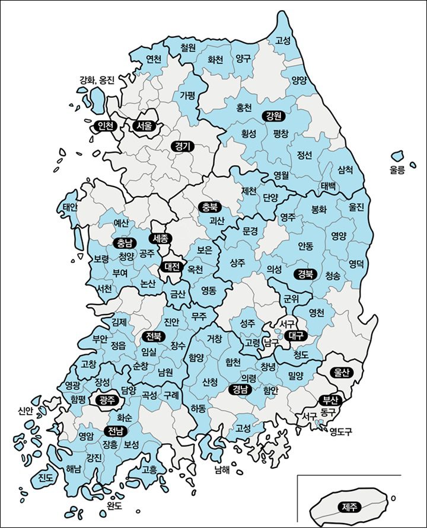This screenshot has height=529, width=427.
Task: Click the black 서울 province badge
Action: pyautogui.click(x=144, y=126)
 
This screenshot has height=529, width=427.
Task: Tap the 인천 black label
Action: pyautogui.click(x=106, y=126)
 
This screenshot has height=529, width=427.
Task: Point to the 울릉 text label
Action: pyautogui.click(x=397, y=170)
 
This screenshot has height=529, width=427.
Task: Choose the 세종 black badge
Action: pyautogui.click(x=160, y=239)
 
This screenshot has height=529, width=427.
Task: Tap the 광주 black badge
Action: pyautogui.click(x=109, y=400)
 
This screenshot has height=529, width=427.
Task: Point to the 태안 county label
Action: pyautogui.click(x=71, y=207)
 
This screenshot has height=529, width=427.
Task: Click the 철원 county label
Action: pyautogui.click(x=188, y=47)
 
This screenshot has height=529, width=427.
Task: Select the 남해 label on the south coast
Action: pyautogui.click(x=222, y=471)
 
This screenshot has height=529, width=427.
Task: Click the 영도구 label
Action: pyautogui.click(x=341, y=432)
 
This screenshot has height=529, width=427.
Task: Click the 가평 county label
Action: pyautogui.click(x=187, y=95)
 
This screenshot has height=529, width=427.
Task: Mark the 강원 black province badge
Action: pyautogui.click(x=274, y=115)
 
